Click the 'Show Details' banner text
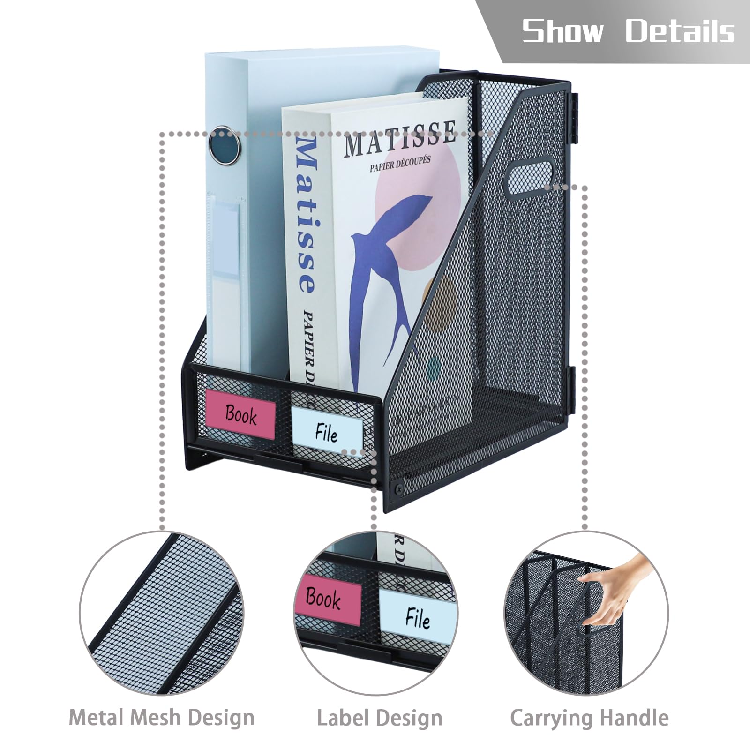click(x=628, y=31)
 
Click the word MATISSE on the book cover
click(x=400, y=138)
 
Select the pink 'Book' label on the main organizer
click(x=240, y=414)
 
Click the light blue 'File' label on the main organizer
click(x=327, y=431)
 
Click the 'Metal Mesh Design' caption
click(x=162, y=718)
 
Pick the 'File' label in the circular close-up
click(x=417, y=617)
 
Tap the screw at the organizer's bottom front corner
click(x=398, y=488)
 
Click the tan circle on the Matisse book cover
click(x=440, y=300)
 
